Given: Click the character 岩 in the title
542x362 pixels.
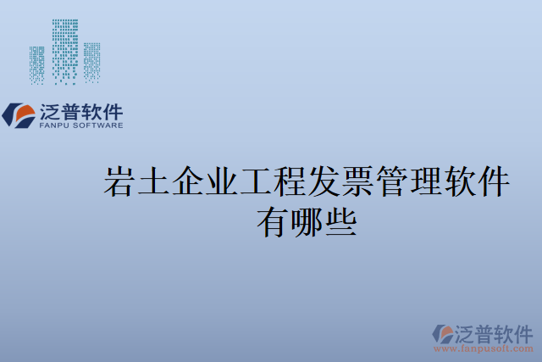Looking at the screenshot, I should coord(119,182).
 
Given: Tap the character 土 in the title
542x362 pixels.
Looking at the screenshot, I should coord(154,182).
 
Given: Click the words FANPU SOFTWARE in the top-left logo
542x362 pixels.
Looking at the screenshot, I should coord(81,125).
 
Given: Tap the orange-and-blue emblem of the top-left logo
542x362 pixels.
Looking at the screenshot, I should coord(19,114).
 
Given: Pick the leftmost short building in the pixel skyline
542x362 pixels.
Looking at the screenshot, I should coord(37,65).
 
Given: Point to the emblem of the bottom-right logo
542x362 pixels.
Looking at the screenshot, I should coord(443,333).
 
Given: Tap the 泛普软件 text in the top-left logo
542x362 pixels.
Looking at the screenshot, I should coord(81,111).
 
